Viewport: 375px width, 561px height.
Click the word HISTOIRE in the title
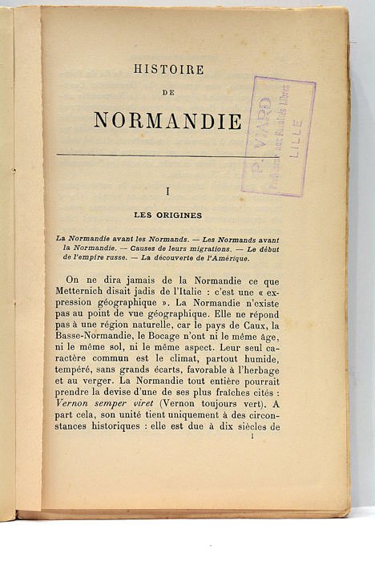[168, 70]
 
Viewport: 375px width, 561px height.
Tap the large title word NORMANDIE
[167, 120]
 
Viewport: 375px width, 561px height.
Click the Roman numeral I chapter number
[167, 192]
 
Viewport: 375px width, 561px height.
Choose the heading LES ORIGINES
[168, 215]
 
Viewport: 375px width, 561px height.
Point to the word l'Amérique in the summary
[226, 258]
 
